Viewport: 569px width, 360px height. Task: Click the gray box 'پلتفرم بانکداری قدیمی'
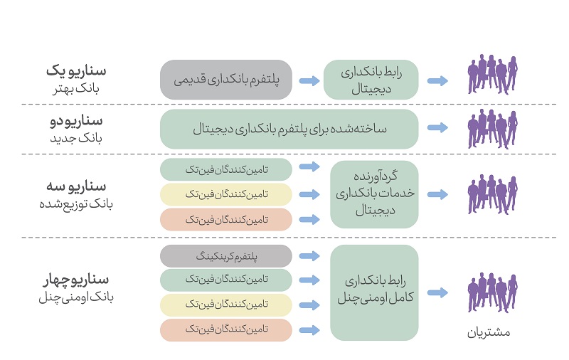click(x=225, y=80)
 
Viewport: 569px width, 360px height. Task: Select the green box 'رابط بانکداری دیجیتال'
click(x=371, y=80)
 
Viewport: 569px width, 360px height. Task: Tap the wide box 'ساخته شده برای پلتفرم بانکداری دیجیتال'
click(x=289, y=129)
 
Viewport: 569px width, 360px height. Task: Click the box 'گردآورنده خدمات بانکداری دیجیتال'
click(x=375, y=194)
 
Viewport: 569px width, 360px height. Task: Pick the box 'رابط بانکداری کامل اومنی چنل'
click(x=375, y=292)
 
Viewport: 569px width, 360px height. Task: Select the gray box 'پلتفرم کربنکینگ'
click(x=225, y=256)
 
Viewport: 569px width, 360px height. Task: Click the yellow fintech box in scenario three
click(x=225, y=194)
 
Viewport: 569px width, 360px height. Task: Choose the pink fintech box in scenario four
click(x=225, y=330)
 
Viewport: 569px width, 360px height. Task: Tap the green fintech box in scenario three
click(x=225, y=169)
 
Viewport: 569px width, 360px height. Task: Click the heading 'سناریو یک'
click(x=76, y=70)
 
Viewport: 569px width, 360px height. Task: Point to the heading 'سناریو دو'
click(x=76, y=120)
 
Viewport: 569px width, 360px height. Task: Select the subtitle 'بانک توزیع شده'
click(x=76, y=204)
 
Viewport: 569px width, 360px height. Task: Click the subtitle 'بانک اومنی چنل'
click(x=76, y=297)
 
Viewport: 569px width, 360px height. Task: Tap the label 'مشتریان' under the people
click(x=489, y=333)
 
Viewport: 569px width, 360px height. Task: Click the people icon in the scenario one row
click(x=492, y=75)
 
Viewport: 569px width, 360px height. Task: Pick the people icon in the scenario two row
click(x=492, y=129)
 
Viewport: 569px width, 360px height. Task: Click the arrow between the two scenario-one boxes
click(x=309, y=80)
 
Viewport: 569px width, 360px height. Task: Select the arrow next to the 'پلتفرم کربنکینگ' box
click(x=309, y=256)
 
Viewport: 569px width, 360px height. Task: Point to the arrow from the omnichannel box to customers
click(x=437, y=292)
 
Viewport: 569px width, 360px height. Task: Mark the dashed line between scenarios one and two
click(x=289, y=104)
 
